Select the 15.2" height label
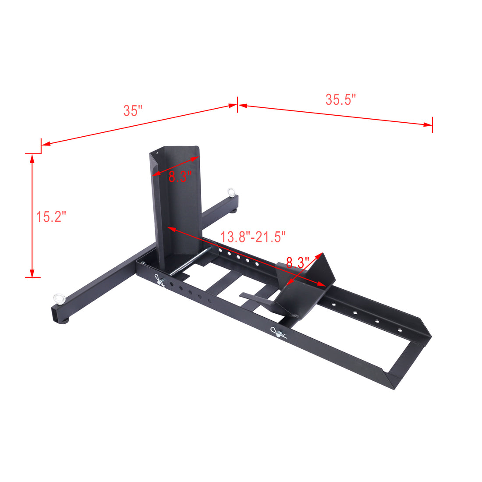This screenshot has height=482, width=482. click(x=51, y=216)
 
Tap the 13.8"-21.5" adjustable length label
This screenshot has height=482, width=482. click(x=253, y=237)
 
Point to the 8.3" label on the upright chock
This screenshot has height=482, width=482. click(x=180, y=177)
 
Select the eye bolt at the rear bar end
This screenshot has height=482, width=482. click(x=230, y=192)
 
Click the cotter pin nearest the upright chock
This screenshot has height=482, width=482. click(x=159, y=281)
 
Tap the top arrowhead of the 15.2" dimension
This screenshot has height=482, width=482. click(x=32, y=157)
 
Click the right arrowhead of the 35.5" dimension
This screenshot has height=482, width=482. click(x=428, y=125)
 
